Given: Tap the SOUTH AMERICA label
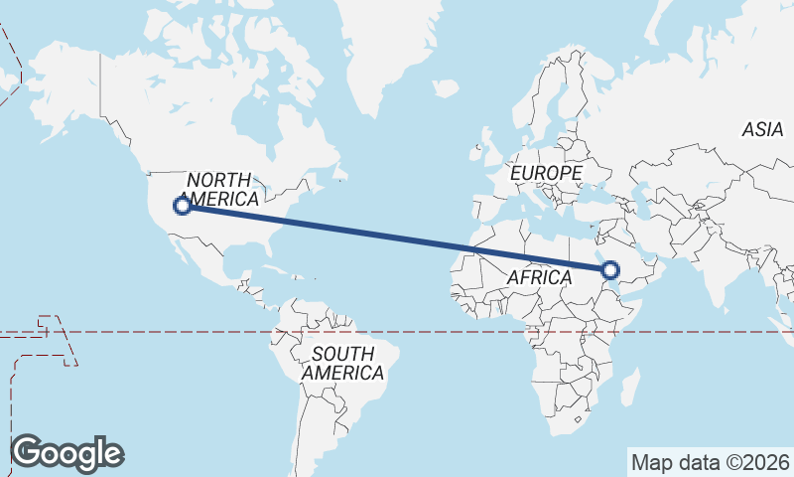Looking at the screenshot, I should tap(342, 364).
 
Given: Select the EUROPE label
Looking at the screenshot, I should tap(545, 173).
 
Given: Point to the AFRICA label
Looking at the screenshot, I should tap(539, 278).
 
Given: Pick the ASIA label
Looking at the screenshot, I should tap(762, 129).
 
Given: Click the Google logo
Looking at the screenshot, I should tap(66, 453).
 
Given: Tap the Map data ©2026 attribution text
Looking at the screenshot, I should tap(710, 462).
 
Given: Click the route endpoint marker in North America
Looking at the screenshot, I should tap(182, 206).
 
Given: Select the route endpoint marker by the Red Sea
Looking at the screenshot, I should tap(609, 269).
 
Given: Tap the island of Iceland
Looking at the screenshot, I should tap(446, 88).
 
